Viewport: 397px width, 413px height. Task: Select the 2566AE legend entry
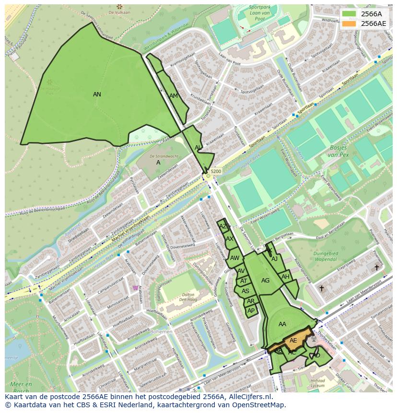coord(370,23)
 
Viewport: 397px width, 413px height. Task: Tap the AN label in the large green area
coord(97,94)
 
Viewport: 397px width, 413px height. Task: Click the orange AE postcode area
coord(293,341)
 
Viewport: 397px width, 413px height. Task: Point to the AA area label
coord(282,324)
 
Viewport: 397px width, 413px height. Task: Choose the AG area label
coord(265,281)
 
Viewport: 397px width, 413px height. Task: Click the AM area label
coord(174,96)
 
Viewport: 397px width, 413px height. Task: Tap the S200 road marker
coord(216,171)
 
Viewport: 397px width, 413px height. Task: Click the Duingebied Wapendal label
coord(326,257)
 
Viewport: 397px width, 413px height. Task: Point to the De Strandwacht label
coord(164,156)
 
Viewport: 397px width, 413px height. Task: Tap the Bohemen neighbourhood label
coord(161,331)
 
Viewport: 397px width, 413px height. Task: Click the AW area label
coord(234,258)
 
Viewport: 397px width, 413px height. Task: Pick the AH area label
coord(286,277)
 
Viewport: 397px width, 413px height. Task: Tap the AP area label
coord(251,311)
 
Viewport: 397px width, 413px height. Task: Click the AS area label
coord(245,291)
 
